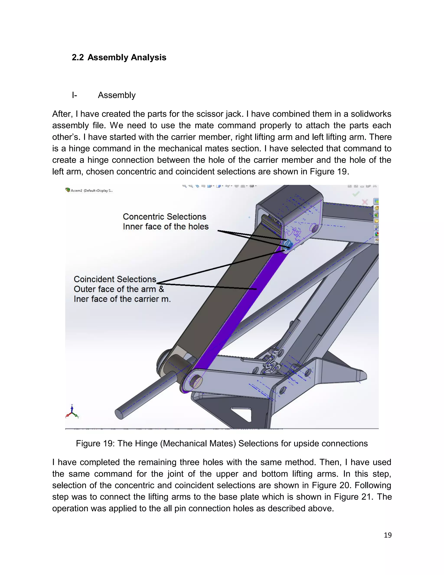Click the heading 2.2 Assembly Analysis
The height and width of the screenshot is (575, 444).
pos(119,57)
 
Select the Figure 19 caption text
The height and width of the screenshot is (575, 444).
pos(222,443)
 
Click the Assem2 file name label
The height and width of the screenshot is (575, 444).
pos(90,190)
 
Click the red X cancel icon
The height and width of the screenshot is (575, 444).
pos(365,202)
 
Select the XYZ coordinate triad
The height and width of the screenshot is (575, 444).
pos(72,412)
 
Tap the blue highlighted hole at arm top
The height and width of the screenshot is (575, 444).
pos(289,245)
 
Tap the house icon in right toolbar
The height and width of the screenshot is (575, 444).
pos(376,208)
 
